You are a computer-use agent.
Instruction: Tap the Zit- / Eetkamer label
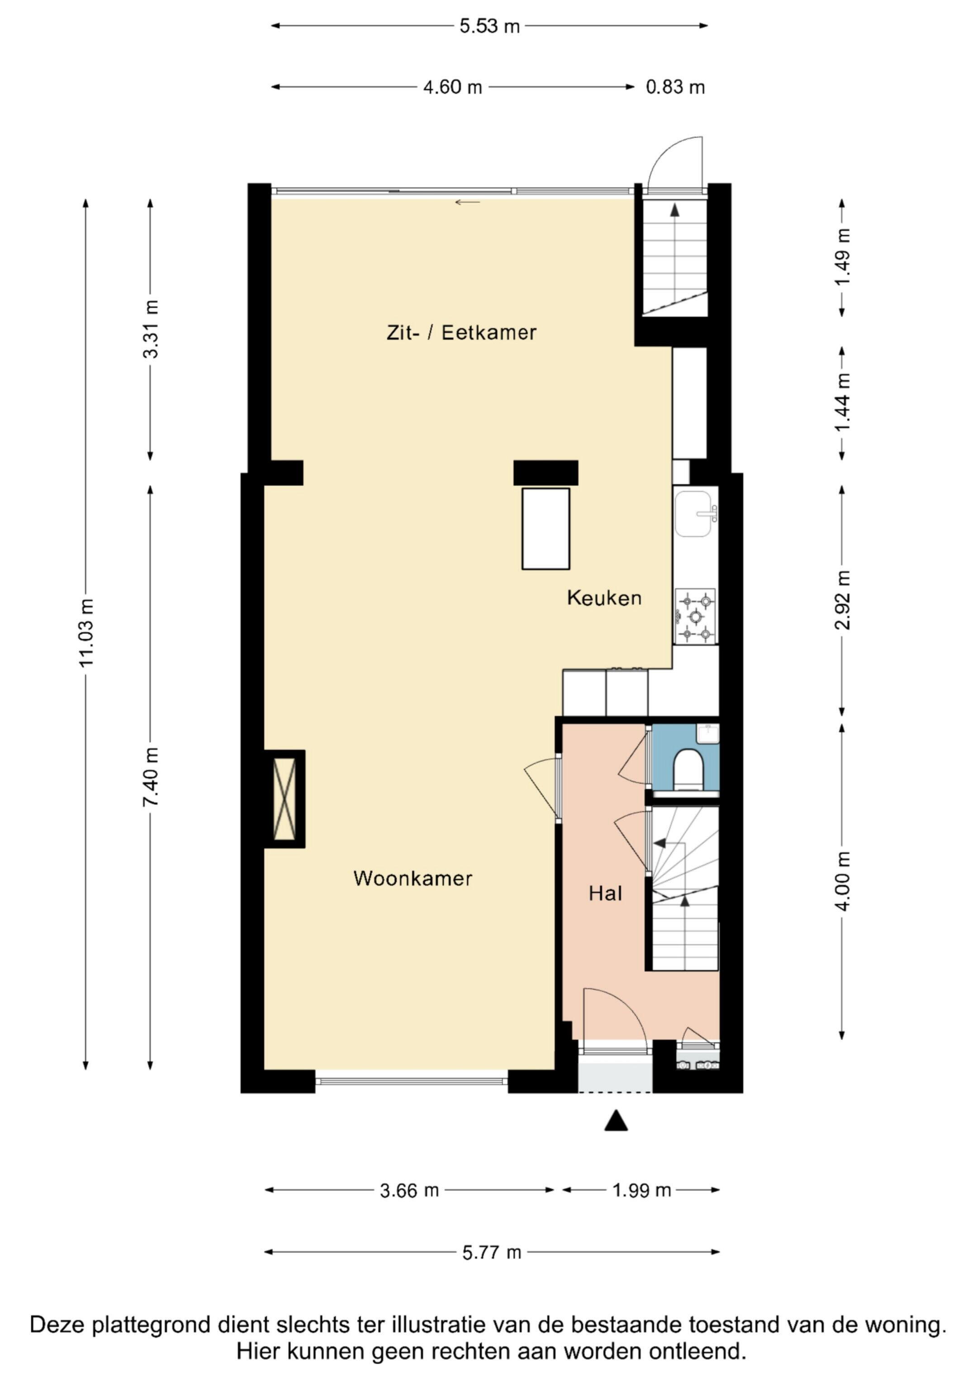[x=461, y=332]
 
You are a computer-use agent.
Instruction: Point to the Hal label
[x=605, y=893]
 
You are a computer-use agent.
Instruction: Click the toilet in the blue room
[x=688, y=769]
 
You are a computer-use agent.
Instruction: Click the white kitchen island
[x=545, y=528]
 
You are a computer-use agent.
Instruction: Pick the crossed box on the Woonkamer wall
[x=285, y=799]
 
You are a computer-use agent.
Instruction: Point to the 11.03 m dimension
[x=86, y=632]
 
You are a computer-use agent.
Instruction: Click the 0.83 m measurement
[x=675, y=87]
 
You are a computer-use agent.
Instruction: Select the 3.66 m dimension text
[x=409, y=1191]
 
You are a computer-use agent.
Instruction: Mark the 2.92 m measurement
[x=843, y=599]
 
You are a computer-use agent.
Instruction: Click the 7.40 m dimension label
[x=151, y=777]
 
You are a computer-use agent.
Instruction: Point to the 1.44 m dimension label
[x=843, y=401]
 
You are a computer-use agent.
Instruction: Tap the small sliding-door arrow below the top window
[x=468, y=202]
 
